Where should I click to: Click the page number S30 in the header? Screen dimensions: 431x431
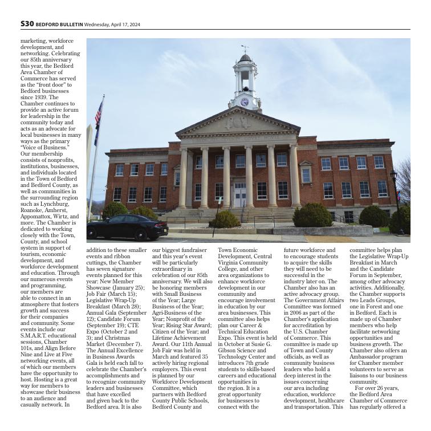click(x=27, y=24)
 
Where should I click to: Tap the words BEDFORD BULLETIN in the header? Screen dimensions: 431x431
click(x=59, y=25)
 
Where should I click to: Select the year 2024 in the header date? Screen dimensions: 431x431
click(x=134, y=25)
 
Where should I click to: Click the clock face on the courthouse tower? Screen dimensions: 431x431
click(x=245, y=102)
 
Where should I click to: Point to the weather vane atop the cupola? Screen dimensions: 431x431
click(x=245, y=48)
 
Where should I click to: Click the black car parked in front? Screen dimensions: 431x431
click(x=127, y=227)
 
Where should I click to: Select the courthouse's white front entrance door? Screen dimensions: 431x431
click(x=241, y=197)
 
